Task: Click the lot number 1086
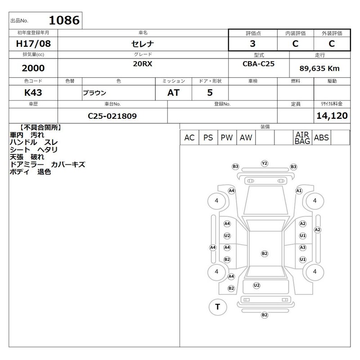(x=64, y=20)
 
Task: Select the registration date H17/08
(x=33, y=44)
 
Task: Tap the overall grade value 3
(x=252, y=44)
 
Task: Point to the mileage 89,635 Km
(x=319, y=68)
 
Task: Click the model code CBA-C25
(x=258, y=63)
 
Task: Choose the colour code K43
(x=33, y=93)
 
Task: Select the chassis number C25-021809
(x=112, y=116)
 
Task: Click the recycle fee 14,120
(x=332, y=116)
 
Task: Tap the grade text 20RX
(x=143, y=63)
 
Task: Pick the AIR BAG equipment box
(x=302, y=138)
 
